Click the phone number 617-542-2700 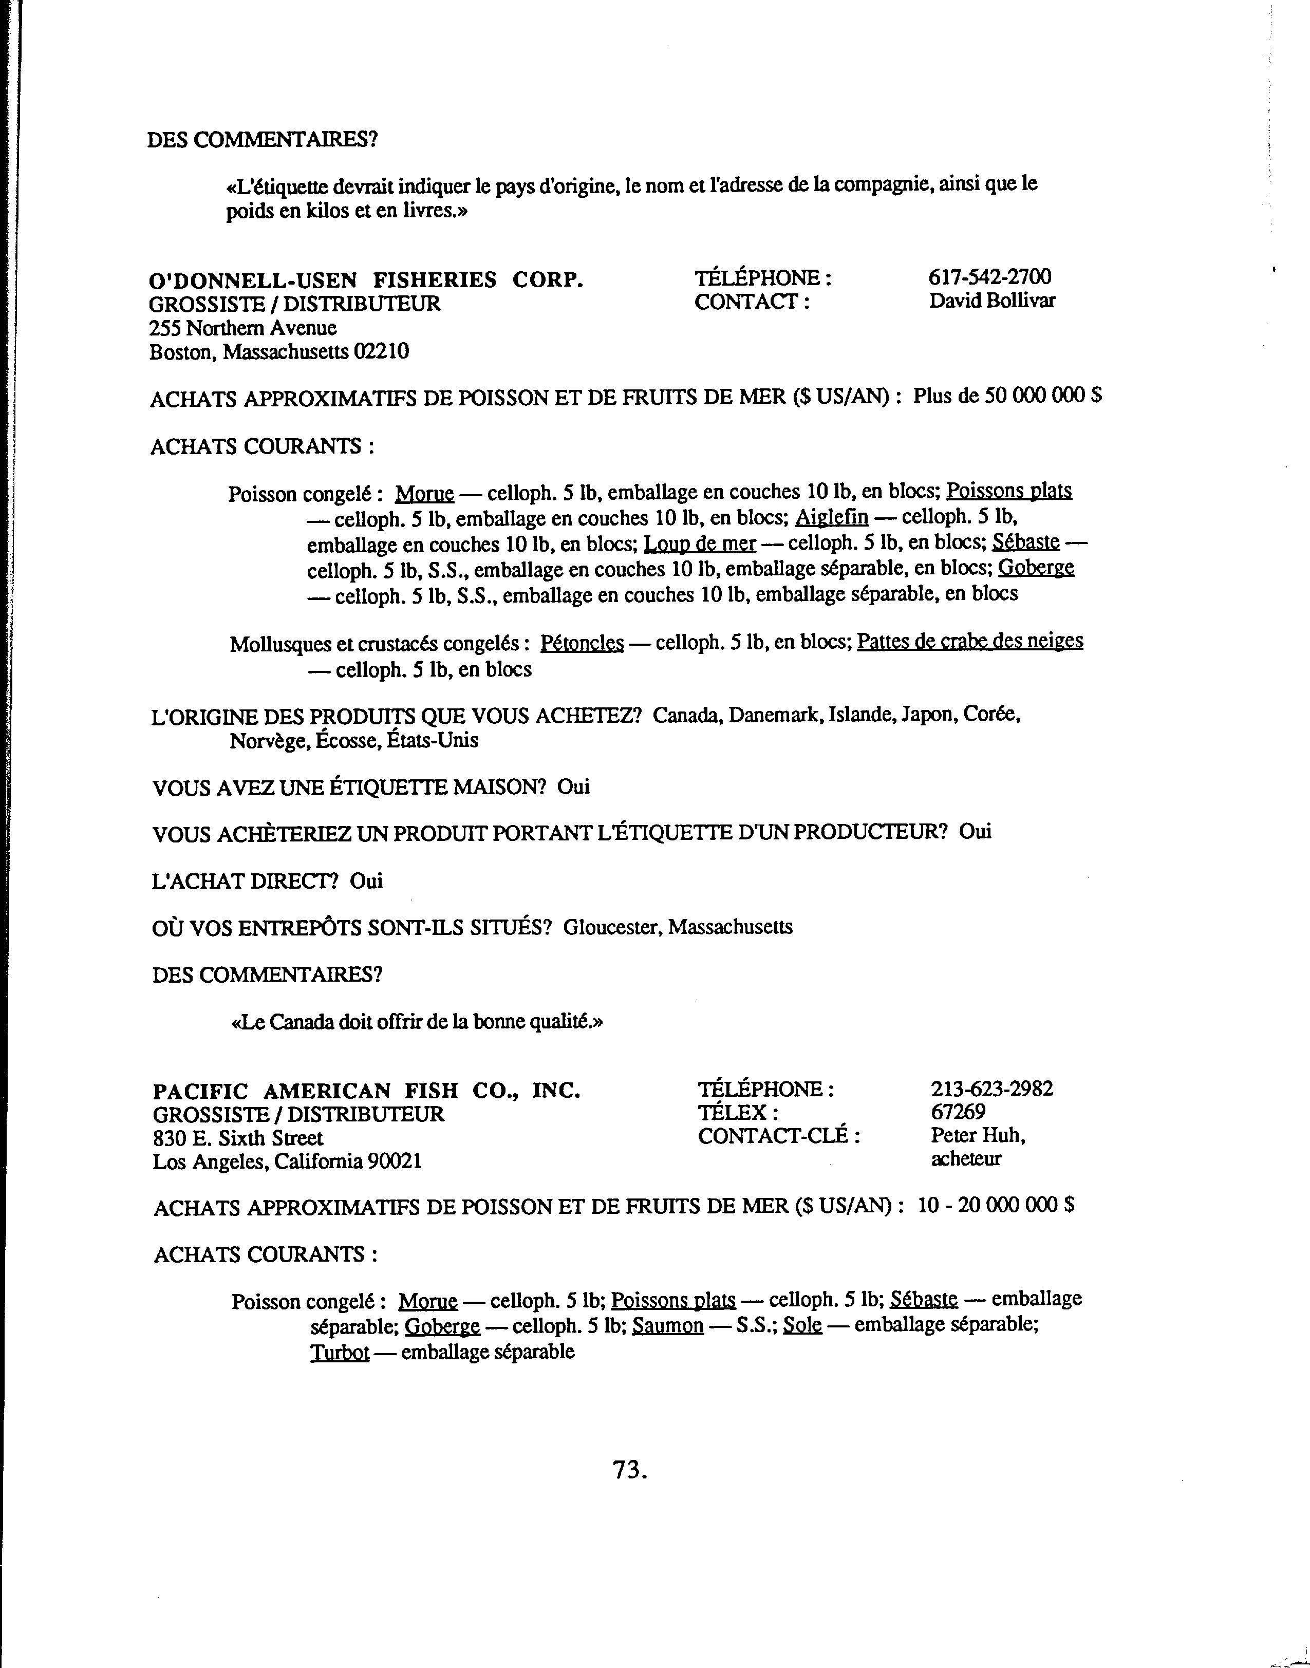pyautogui.click(x=989, y=277)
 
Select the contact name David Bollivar pyautogui.click(x=991, y=301)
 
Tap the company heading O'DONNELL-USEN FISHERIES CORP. pyautogui.click(x=366, y=280)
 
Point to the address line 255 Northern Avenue pyautogui.click(x=242, y=328)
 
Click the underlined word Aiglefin pyautogui.click(x=831, y=518)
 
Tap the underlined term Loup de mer pyautogui.click(x=700, y=543)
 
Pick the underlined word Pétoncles pyautogui.click(x=582, y=643)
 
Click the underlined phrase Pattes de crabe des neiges pyautogui.click(x=969, y=641)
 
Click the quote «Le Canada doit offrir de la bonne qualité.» pyautogui.click(x=417, y=1022)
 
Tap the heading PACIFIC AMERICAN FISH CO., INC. pyautogui.click(x=366, y=1091)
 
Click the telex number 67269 pyautogui.click(x=958, y=1112)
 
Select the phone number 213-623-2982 pyautogui.click(x=991, y=1089)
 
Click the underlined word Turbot pyautogui.click(x=340, y=1352)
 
